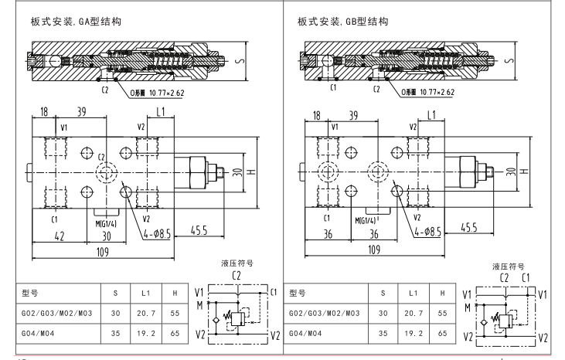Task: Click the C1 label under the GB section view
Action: click(333, 88)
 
